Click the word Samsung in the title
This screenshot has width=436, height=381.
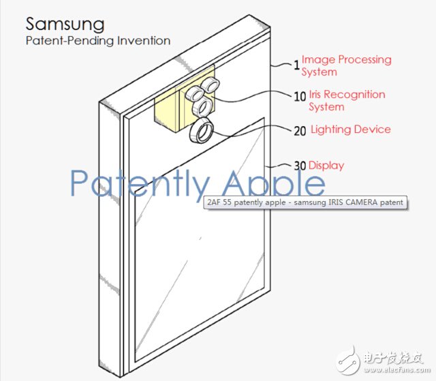click(x=65, y=25)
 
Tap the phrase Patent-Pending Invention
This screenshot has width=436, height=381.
click(x=98, y=41)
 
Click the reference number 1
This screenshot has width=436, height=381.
click(x=297, y=65)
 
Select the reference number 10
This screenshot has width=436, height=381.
click(x=300, y=97)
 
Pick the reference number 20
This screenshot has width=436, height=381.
click(x=300, y=131)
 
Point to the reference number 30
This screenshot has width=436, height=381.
click(x=300, y=166)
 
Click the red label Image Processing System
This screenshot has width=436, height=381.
click(x=347, y=65)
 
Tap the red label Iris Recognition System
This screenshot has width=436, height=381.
click(x=347, y=100)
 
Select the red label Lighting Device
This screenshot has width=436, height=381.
click(x=351, y=129)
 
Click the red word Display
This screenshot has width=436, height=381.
click(x=326, y=166)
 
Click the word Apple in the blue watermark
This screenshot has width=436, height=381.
click(x=274, y=183)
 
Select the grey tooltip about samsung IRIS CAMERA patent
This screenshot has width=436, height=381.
click(x=305, y=202)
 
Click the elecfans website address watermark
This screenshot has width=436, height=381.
click(x=396, y=370)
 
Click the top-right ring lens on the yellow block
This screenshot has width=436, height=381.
click(x=211, y=85)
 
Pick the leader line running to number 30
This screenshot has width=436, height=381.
click(x=279, y=166)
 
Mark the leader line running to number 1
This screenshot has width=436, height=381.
click(x=282, y=65)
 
